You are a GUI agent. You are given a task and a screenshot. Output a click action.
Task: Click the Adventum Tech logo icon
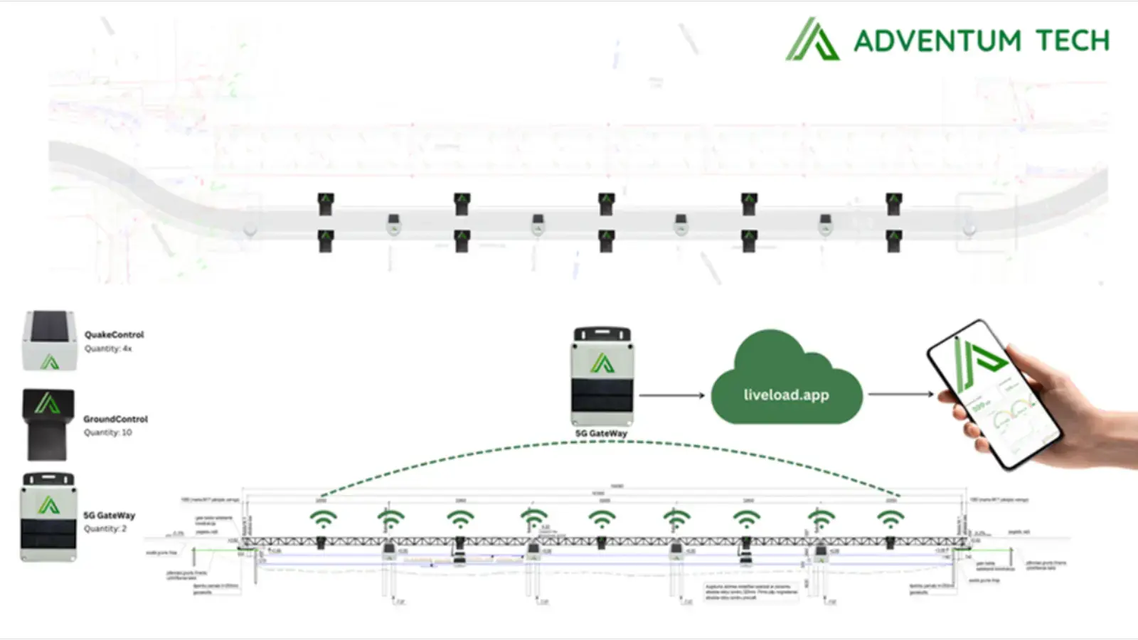(812, 40)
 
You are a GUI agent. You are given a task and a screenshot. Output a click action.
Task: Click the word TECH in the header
(1072, 41)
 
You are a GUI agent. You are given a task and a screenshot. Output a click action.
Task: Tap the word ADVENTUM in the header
(937, 41)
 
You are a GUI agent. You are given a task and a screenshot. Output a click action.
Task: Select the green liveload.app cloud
(786, 384)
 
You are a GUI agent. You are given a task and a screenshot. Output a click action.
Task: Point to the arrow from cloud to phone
(900, 394)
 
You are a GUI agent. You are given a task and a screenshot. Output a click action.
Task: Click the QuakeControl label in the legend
(114, 334)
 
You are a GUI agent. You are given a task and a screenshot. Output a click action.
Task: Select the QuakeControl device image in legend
(49, 341)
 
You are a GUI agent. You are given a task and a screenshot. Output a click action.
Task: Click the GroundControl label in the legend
(115, 419)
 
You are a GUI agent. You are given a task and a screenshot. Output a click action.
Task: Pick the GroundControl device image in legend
(48, 425)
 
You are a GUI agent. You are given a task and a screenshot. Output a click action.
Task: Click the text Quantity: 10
(107, 432)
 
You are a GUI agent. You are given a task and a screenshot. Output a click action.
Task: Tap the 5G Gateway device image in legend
(48, 517)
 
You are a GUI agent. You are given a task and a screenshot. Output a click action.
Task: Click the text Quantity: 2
(105, 528)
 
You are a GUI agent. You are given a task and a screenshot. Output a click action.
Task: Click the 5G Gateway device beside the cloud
(602, 377)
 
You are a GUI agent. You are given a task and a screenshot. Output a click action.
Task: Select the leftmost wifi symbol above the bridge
(323, 518)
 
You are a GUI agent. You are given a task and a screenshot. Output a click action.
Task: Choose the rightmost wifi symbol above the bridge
(890, 518)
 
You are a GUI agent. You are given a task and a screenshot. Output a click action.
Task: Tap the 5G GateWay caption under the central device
(601, 433)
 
